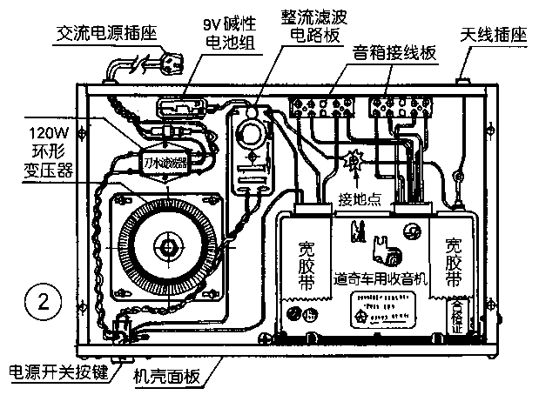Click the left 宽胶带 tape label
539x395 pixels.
306,260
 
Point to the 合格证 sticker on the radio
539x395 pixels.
457,316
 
